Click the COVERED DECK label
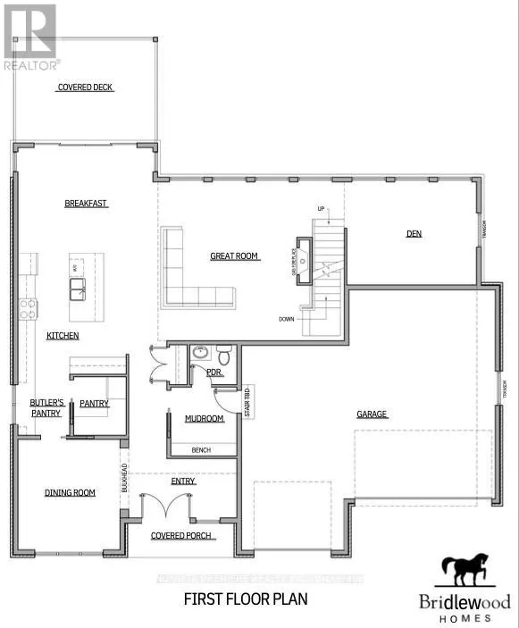tap(86, 88)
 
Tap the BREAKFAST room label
tap(86, 204)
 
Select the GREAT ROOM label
tap(234, 256)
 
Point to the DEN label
tap(414, 234)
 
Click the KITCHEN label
tap(63, 336)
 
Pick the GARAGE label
tap(372, 414)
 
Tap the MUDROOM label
tap(204, 418)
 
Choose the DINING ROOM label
tap(70, 492)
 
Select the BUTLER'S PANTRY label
tap(45, 407)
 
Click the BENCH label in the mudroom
tap(201, 450)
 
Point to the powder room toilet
tap(226, 357)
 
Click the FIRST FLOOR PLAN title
tap(245, 599)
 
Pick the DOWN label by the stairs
tap(287, 319)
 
